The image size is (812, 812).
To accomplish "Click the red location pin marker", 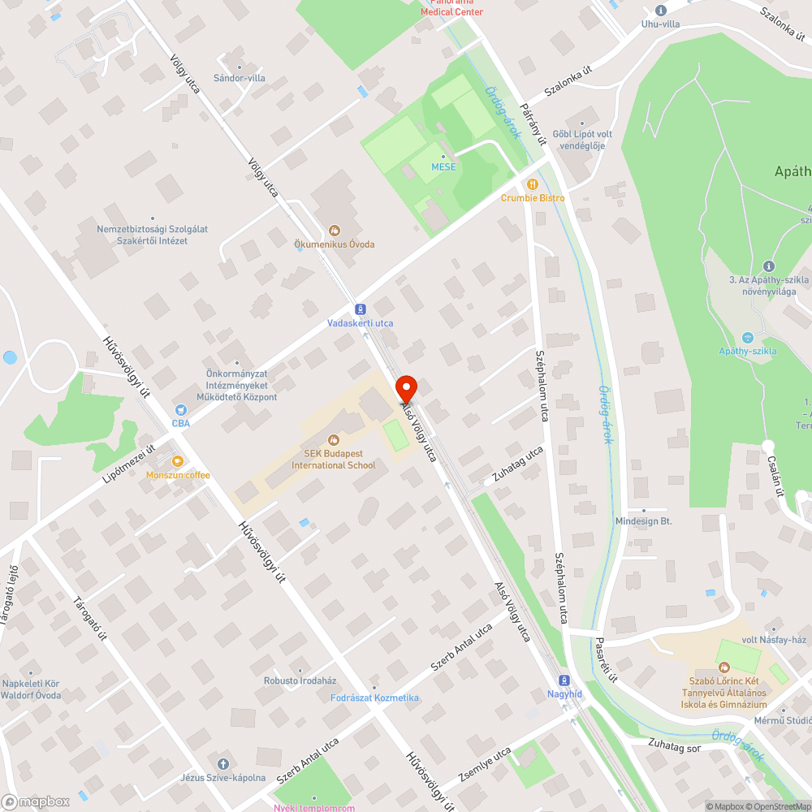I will pyautogui.click(x=405, y=386).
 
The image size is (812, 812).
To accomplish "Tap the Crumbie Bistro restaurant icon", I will pyautogui.click(x=533, y=184).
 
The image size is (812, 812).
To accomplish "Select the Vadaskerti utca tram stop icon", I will pyautogui.click(x=360, y=309).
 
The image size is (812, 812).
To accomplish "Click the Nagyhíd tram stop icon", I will pyautogui.click(x=563, y=680).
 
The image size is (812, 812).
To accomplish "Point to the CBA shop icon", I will pyautogui.click(x=180, y=411).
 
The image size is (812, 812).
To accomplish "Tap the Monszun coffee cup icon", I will pyautogui.click(x=177, y=461).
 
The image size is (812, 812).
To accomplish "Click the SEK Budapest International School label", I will pyautogui.click(x=334, y=459).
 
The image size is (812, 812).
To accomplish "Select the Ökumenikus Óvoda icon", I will pyautogui.click(x=334, y=230).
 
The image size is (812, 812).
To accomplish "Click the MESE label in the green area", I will pyautogui.click(x=443, y=167).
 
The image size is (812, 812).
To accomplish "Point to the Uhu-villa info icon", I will pyautogui.click(x=660, y=11).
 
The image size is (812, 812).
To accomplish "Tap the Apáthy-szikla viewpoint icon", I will pyautogui.click(x=747, y=337).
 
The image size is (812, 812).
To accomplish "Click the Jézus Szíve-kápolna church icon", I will pyautogui.click(x=223, y=764).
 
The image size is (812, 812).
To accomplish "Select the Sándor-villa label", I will pyautogui.click(x=239, y=79).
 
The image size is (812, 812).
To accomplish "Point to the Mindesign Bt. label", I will pyautogui.click(x=643, y=521).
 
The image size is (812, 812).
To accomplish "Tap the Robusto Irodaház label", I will pyautogui.click(x=300, y=680).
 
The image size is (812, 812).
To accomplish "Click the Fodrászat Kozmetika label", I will pyautogui.click(x=375, y=698).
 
